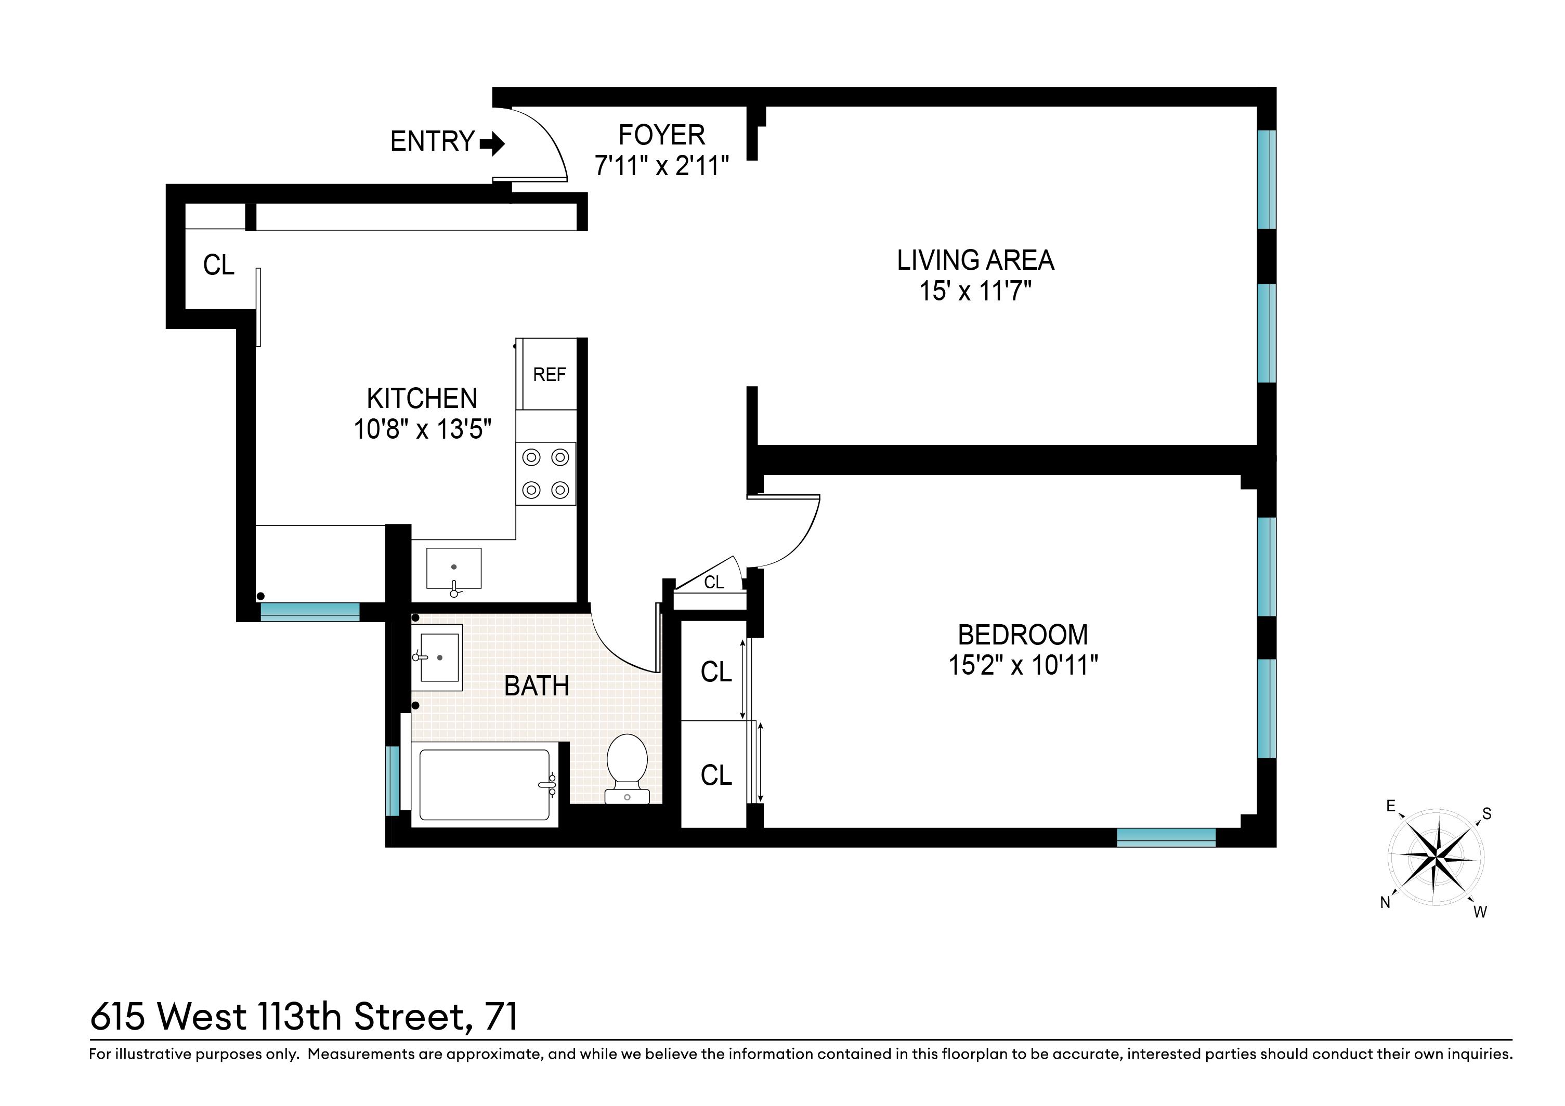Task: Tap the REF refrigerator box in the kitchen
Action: pos(549,374)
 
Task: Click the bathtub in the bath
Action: pos(485,785)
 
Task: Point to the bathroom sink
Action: pos(439,657)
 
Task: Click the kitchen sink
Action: pos(454,568)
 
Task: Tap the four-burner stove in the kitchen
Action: pos(545,473)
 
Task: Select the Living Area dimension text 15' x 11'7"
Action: pos(975,292)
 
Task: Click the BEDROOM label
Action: pos(1022,635)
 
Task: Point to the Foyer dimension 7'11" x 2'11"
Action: pos(661,166)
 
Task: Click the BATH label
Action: pos(537,686)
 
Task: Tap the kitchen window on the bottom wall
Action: pos(309,611)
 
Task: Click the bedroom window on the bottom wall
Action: pos(1166,837)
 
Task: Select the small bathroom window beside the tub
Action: pos(392,781)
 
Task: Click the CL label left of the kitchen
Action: pos(218,265)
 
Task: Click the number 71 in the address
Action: pos(501,1017)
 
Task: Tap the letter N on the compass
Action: pos(1385,902)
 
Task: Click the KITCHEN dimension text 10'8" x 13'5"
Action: pos(422,429)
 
